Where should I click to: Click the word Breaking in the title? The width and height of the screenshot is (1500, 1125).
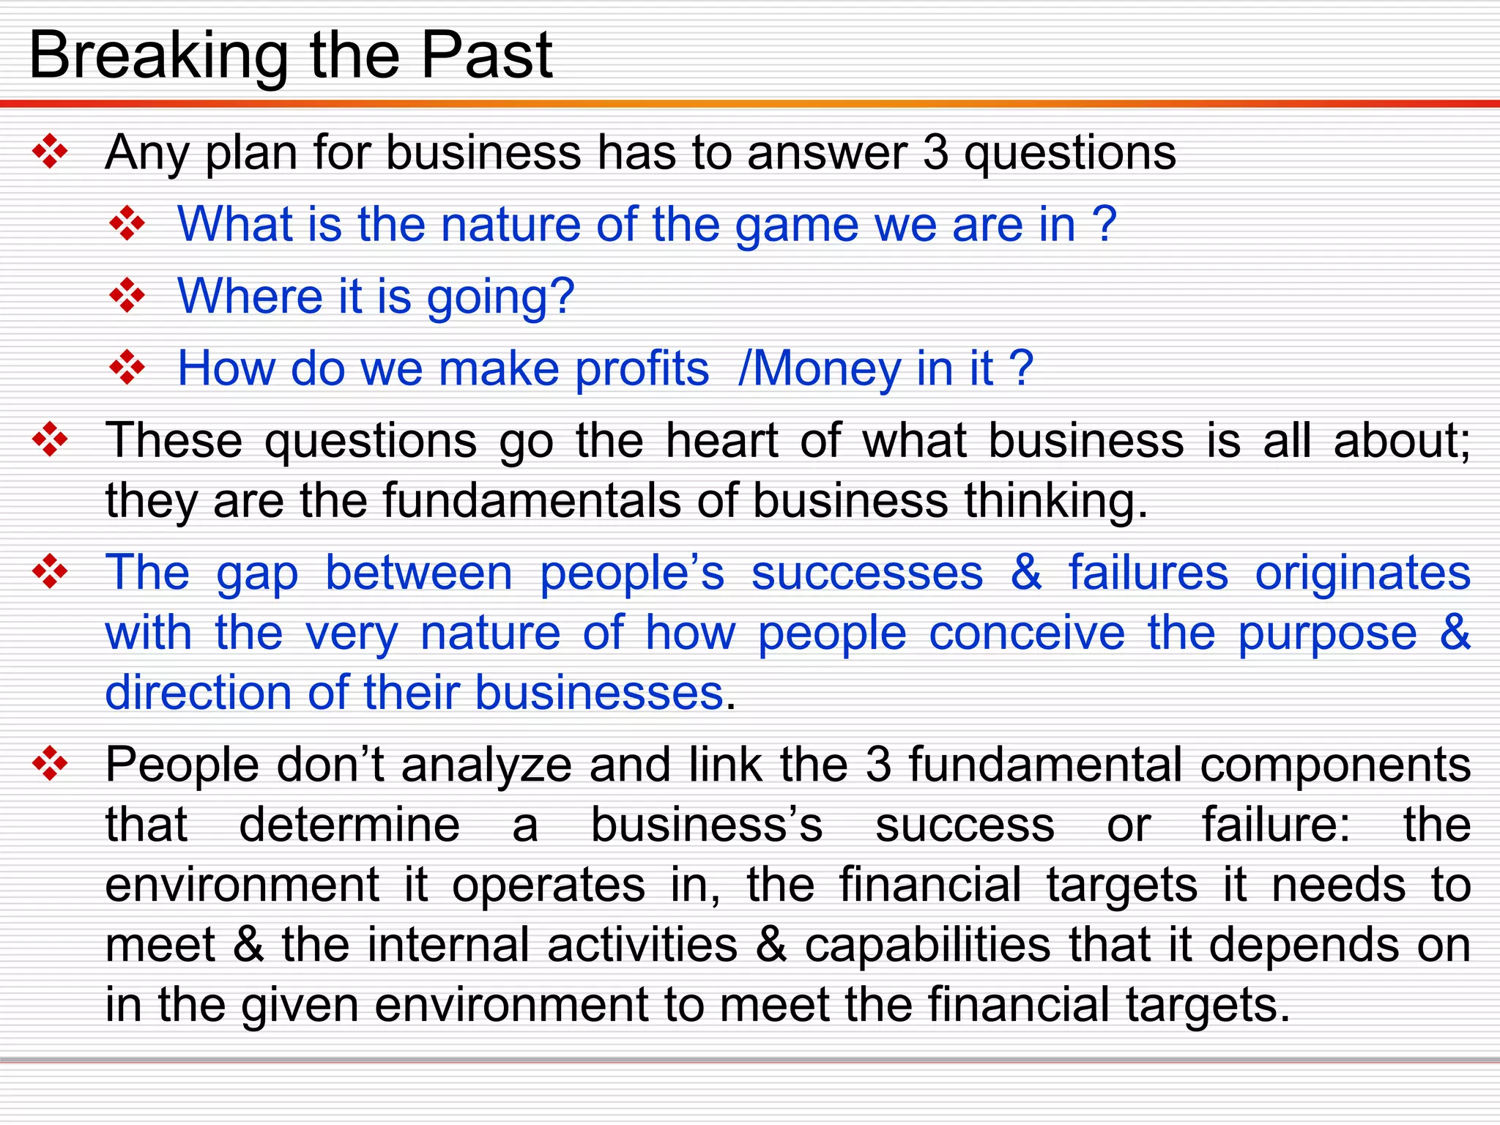pyautogui.click(x=158, y=57)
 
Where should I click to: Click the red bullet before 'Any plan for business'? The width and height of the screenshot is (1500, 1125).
pyautogui.click(x=50, y=152)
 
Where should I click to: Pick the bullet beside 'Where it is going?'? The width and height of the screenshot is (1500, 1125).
pyautogui.click(x=127, y=296)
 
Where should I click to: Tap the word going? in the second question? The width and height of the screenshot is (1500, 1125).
pyautogui.click(x=501, y=297)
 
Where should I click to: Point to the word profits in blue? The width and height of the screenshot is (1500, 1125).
pyautogui.click(x=642, y=369)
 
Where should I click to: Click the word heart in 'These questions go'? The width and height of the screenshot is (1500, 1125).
pyautogui.click(x=721, y=441)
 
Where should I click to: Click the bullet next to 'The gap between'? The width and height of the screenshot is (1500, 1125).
pyautogui.click(x=50, y=571)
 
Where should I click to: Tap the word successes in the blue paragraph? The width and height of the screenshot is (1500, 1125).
pyautogui.click(x=866, y=573)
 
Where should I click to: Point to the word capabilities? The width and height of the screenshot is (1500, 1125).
pyautogui.click(x=927, y=945)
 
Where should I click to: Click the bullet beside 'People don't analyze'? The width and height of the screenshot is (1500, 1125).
pyautogui.click(x=50, y=764)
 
